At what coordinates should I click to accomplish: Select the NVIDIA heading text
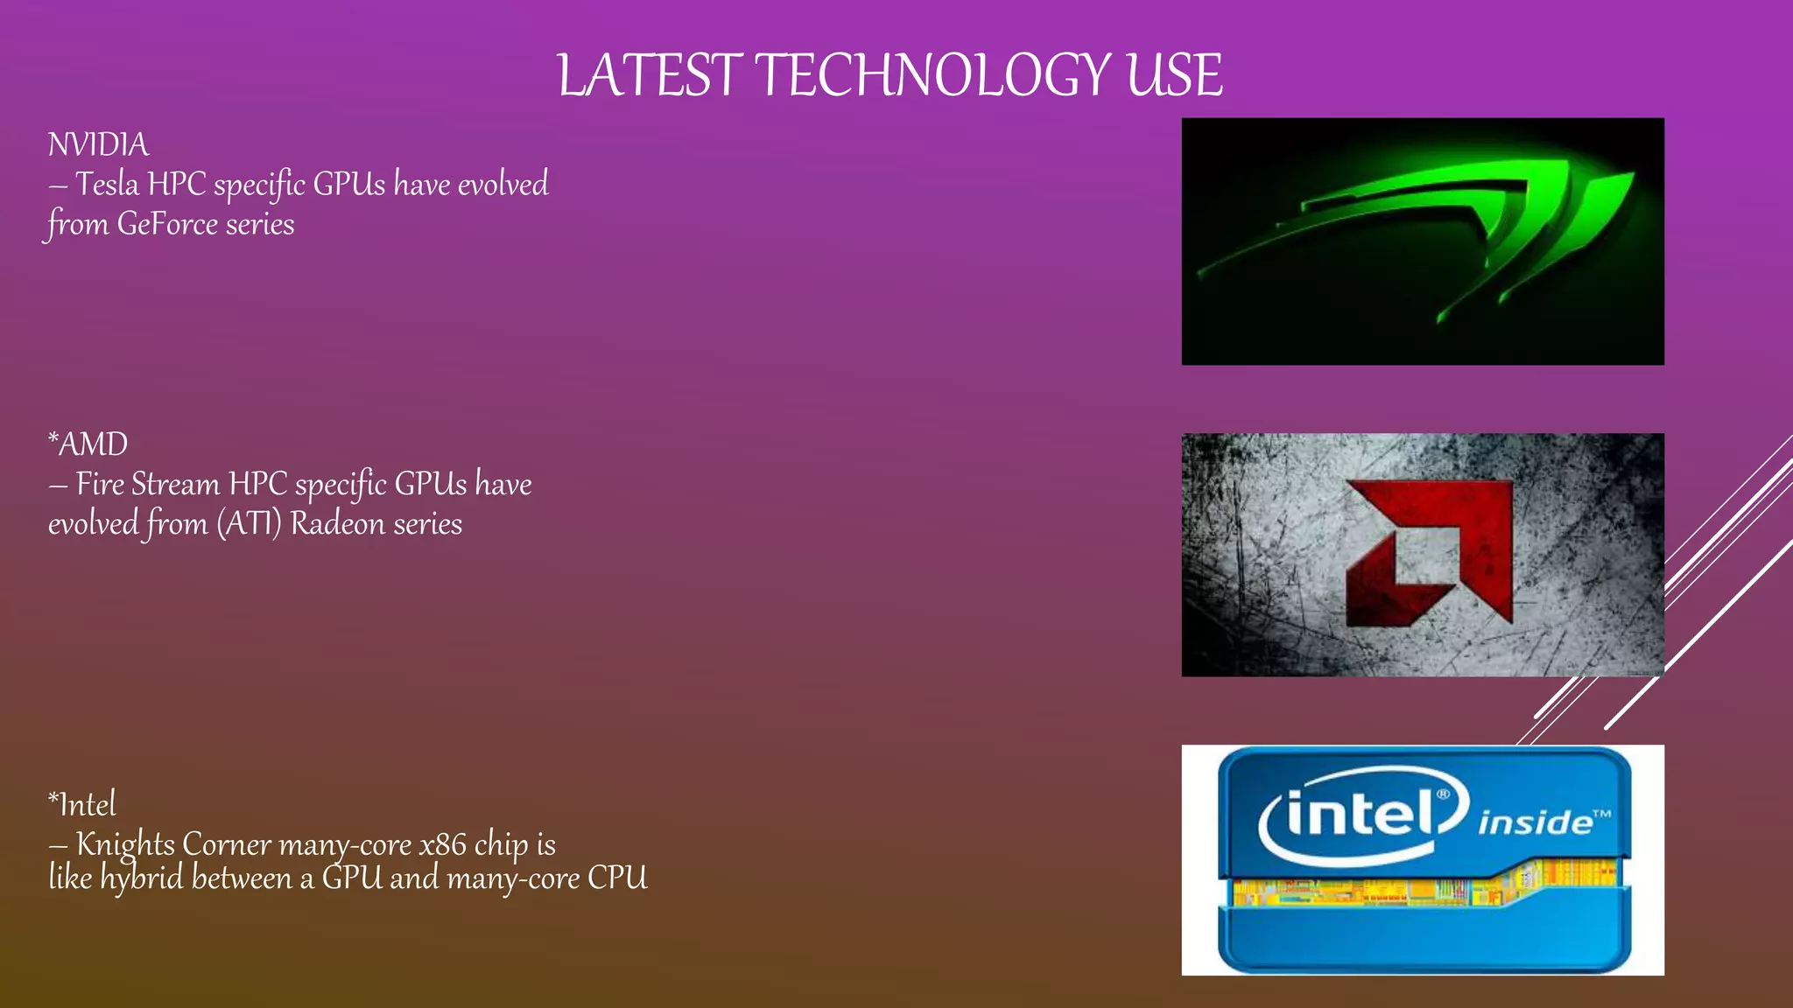pyautogui.click(x=98, y=145)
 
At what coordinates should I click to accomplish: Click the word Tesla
pyautogui.click(x=107, y=185)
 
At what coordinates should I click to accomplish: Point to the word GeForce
pyautogui.click(x=167, y=225)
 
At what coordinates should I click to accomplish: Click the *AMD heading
pyautogui.click(x=88, y=444)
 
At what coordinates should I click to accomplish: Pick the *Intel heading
pyautogui.click(x=81, y=804)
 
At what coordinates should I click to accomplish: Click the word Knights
pyautogui.click(x=125, y=844)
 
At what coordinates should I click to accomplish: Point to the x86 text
pyautogui.click(x=443, y=844)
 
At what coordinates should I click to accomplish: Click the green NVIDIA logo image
pyautogui.click(x=1422, y=241)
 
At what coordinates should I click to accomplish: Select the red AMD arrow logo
pyautogui.click(x=1429, y=553)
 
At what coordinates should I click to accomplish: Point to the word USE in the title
pyautogui.click(x=1174, y=75)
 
